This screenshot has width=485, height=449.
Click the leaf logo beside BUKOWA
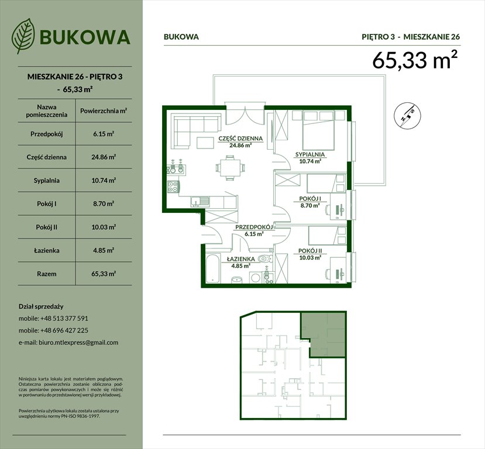point(23,36)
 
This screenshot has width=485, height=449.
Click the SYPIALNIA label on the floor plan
point(310,155)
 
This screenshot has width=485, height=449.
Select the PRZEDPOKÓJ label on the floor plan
point(252,227)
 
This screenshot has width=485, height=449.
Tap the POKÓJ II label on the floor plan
point(311,251)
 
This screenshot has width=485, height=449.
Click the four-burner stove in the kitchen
point(174,188)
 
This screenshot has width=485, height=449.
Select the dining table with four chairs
point(228,168)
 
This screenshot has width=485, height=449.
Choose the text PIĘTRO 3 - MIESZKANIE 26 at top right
point(411,37)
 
